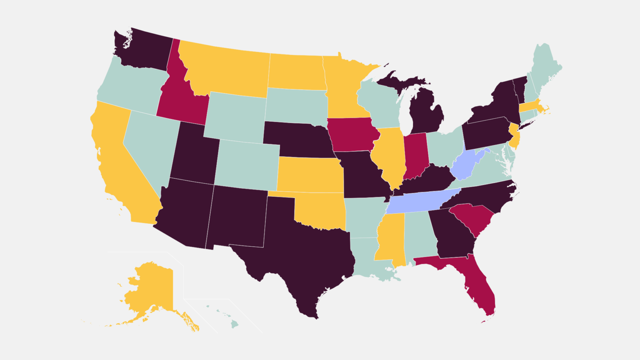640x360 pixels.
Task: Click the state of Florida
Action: (x=479, y=283)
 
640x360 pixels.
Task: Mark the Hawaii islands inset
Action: (x=235, y=323)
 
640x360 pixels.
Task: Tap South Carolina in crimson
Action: (x=473, y=217)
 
